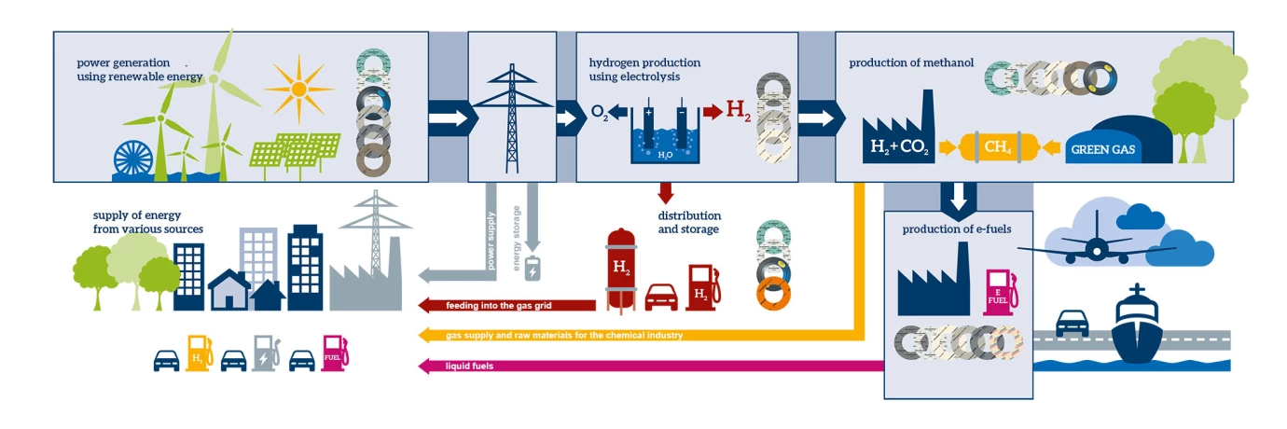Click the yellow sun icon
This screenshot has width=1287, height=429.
tap(298, 89)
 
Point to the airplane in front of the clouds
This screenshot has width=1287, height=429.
tap(1096, 247)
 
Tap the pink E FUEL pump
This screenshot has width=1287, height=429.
tap(999, 292)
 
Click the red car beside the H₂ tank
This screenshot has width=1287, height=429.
tap(661, 296)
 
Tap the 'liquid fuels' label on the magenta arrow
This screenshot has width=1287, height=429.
tap(470, 366)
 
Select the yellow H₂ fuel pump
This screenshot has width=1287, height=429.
tap(199, 354)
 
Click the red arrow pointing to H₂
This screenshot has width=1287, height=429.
tap(712, 113)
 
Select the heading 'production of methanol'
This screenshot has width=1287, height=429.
tap(910, 63)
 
